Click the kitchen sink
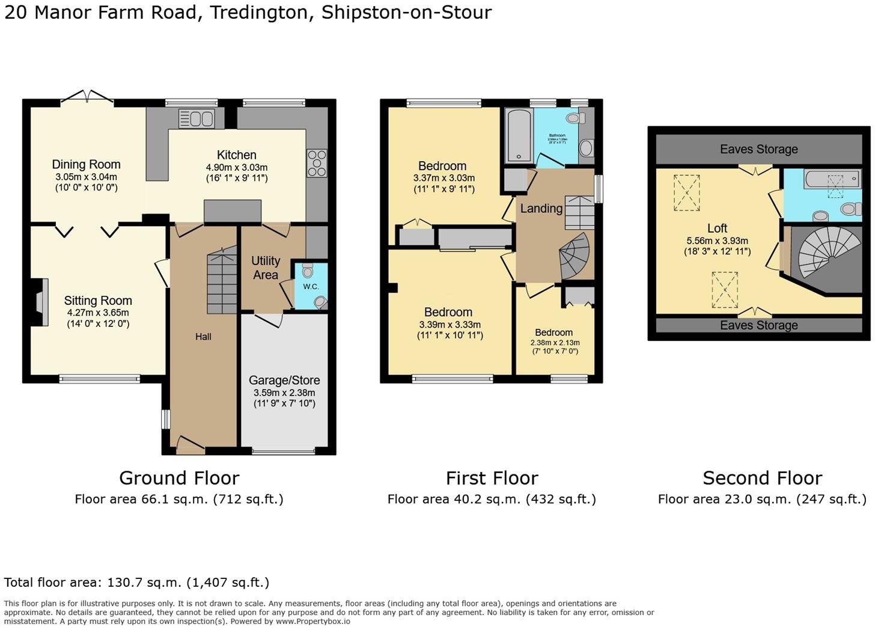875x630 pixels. [196, 118]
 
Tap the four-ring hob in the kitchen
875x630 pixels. [317, 163]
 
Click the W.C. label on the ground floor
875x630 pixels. [311, 286]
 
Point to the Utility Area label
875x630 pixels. [266, 268]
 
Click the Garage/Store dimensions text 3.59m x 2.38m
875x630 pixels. [284, 393]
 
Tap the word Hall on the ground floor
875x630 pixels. [203, 337]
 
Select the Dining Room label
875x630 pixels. [86, 164]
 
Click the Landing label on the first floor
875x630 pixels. [541, 209]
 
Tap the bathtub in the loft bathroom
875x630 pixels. [832, 179]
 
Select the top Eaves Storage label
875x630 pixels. [758, 149]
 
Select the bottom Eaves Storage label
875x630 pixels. [758, 325]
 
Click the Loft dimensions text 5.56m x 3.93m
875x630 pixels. [717, 240]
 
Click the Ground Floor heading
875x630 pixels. [179, 478]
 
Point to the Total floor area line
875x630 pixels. [136, 582]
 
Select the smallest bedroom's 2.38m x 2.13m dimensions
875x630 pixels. [555, 343]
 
